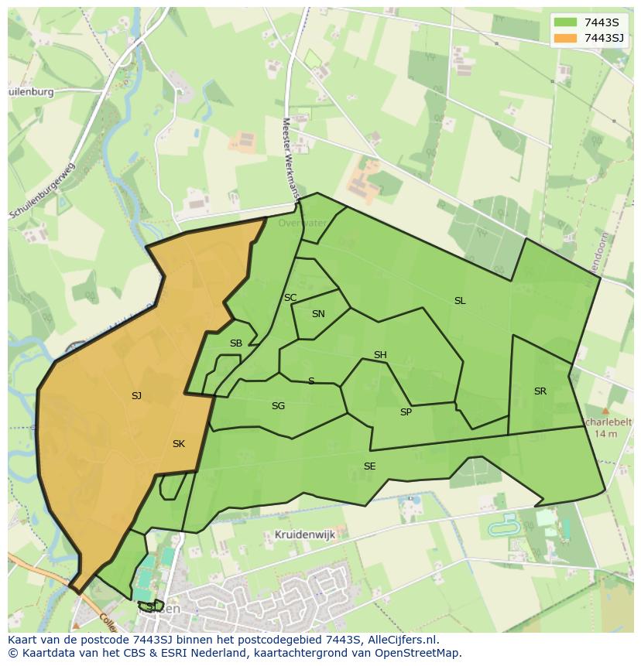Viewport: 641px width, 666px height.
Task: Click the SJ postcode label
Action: (136, 396)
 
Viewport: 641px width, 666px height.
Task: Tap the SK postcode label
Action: (179, 444)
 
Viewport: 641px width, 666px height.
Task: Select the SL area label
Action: (460, 301)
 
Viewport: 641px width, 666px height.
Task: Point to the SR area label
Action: (540, 391)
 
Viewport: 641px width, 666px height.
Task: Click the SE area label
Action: (370, 466)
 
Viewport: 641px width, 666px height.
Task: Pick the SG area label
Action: (278, 406)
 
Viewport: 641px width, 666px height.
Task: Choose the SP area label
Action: (406, 412)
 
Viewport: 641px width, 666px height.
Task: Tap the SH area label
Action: (380, 355)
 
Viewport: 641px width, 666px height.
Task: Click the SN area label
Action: (318, 314)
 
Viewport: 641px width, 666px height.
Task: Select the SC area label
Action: (290, 298)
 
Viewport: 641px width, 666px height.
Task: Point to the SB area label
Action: (236, 343)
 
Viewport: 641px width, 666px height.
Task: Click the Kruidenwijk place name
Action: (303, 535)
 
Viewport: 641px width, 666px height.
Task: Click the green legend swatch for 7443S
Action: (566, 22)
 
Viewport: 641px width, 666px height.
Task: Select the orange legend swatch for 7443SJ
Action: (566, 38)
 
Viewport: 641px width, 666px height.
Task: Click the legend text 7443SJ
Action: (604, 38)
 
